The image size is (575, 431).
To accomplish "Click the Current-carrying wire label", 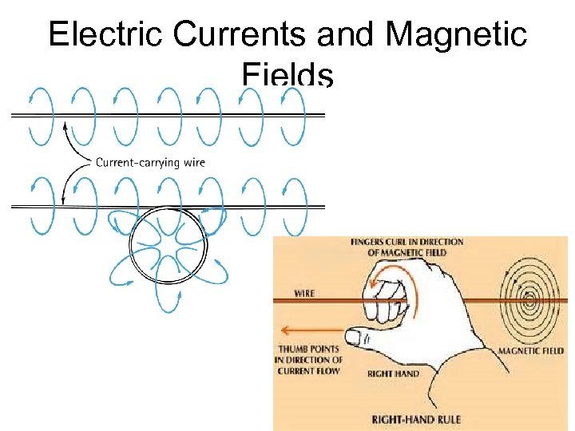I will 150,163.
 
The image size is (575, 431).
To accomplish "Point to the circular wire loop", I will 169,243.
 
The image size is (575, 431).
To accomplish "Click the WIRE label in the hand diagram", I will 304,293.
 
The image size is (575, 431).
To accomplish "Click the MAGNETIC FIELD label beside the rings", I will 531,350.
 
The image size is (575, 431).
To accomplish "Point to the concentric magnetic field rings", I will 529,301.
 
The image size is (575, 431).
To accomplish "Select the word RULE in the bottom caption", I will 447,419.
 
